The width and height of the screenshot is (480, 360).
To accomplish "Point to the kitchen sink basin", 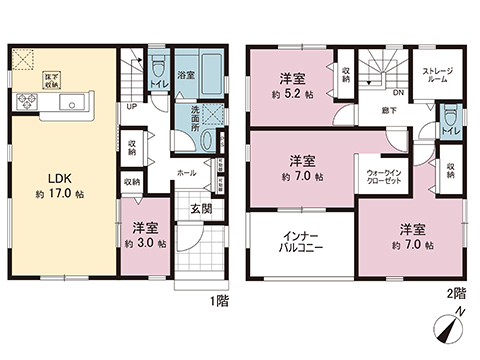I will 66,103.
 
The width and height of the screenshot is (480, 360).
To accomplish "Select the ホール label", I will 187,172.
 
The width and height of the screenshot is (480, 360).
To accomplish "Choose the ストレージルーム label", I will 438,77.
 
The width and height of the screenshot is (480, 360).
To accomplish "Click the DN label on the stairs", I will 398,93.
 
